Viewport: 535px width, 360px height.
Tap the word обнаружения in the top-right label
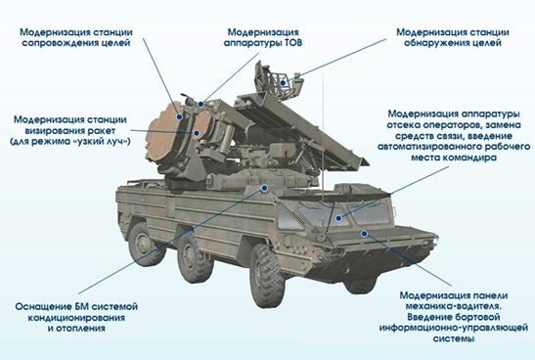pos(438,43)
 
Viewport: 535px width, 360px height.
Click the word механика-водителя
pos(454,306)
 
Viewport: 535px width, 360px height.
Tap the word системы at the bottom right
pos(454,338)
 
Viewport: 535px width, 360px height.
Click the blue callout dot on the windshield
pos(338,218)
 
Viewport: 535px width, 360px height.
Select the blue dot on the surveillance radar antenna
pos(283,83)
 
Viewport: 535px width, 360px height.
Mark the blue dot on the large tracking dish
pos(179,117)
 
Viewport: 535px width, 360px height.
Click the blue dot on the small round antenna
pos(197,133)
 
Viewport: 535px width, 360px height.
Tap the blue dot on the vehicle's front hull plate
pos(364,234)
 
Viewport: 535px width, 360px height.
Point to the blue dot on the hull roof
pos(264,188)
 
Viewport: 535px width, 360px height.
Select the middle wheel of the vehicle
pos(191,256)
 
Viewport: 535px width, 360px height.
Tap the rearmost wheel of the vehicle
pos(143,243)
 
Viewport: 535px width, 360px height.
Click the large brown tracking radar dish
pos(163,132)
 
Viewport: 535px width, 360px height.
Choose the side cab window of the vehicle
pos(289,217)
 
